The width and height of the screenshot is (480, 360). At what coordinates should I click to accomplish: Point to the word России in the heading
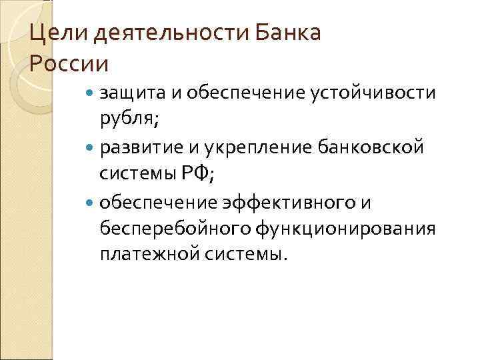point(69,65)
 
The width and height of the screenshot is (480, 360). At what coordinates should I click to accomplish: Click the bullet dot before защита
point(91,95)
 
